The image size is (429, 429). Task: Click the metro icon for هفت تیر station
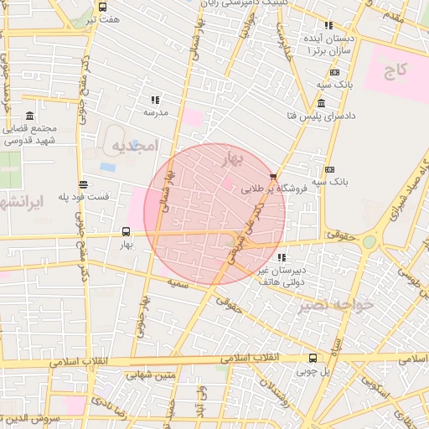point(102,6)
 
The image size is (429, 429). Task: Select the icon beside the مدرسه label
point(154,100)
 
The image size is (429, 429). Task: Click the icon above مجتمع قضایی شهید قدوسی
point(30,116)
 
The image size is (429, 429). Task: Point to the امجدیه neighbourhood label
point(134,146)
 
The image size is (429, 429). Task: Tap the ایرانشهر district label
point(23,202)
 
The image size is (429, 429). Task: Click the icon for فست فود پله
point(82,184)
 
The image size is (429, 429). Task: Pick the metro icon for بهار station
point(126,231)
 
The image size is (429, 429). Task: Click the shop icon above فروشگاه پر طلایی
point(273,176)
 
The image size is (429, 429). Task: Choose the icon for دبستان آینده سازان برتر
point(328,27)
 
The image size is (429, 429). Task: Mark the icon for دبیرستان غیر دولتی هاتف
point(281,256)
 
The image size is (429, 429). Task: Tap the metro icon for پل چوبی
point(313,357)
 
